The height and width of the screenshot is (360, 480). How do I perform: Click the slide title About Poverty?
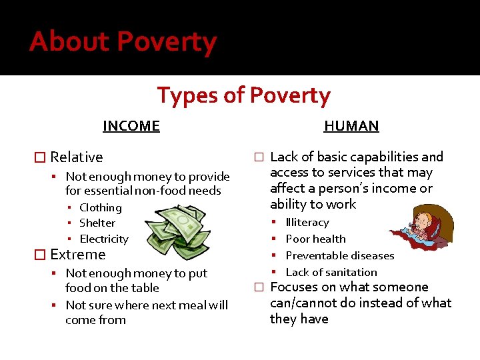(x=123, y=41)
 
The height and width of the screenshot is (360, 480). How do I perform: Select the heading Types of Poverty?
(x=243, y=95)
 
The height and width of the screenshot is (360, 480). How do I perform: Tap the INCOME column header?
(x=131, y=125)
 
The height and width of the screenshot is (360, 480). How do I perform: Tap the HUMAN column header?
(x=351, y=125)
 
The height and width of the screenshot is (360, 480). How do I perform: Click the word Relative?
(x=77, y=157)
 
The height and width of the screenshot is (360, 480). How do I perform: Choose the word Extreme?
(x=77, y=255)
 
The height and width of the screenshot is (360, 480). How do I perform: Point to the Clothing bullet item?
(x=100, y=207)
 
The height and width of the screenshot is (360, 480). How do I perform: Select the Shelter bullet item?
(x=97, y=223)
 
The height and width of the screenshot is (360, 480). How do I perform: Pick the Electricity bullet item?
(x=103, y=239)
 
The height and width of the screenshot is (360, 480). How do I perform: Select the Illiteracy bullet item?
(x=307, y=222)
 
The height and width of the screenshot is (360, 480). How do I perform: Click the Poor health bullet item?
(x=315, y=239)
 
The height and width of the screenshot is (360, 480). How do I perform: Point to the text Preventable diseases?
(x=339, y=255)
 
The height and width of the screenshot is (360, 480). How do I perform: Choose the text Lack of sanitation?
(x=331, y=272)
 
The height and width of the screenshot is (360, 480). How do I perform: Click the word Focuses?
(x=294, y=287)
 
